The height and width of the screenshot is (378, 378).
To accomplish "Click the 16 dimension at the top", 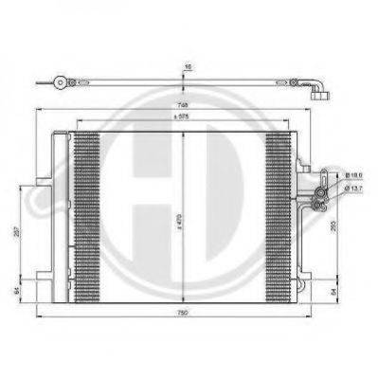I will coord(188,68).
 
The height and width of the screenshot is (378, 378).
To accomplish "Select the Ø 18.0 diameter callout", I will coord(351,175).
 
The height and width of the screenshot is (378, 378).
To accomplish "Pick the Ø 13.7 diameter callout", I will coord(351,188).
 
